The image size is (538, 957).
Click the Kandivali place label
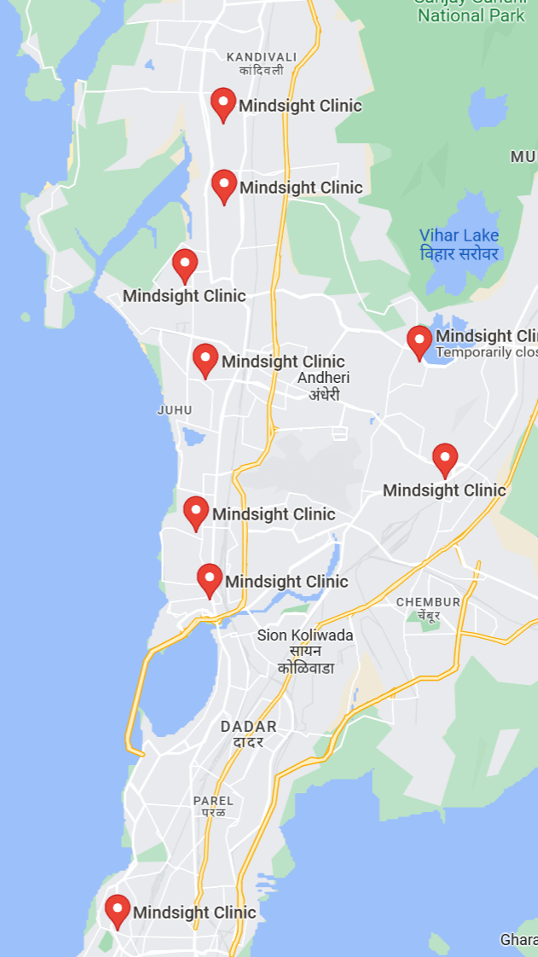click(262, 57)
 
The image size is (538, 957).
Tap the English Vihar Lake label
click(459, 235)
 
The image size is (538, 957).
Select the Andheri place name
click(324, 378)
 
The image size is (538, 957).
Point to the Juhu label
click(175, 410)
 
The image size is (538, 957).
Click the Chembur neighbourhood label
click(428, 602)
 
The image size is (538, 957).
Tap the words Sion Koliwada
click(305, 635)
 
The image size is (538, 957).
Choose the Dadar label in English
click(248, 727)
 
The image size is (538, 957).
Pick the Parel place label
click(213, 801)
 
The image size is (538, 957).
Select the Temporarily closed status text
click(487, 352)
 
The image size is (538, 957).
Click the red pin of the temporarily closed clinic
click(419, 341)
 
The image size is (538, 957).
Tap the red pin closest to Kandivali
click(223, 104)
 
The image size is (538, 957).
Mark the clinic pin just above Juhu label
click(205, 359)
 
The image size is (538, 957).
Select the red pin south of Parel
click(118, 910)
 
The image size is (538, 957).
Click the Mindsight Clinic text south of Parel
click(194, 913)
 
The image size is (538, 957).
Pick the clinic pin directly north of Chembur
click(445, 459)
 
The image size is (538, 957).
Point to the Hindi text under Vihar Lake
click(459, 253)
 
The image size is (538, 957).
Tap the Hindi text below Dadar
click(249, 742)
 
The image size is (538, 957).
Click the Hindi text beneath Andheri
click(324, 395)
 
